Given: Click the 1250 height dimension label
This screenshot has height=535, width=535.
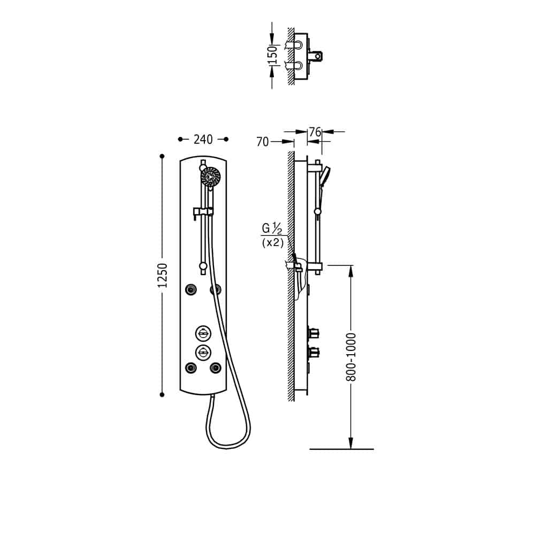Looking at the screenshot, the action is click(163, 275).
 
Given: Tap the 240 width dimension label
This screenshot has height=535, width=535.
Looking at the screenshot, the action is click(203, 140).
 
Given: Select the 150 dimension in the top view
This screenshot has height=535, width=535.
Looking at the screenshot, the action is click(273, 55).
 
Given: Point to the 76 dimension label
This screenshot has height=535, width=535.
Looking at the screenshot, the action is click(315, 132).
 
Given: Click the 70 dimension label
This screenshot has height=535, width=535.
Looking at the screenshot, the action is click(262, 142).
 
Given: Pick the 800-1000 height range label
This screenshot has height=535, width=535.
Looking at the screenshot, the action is click(351, 357).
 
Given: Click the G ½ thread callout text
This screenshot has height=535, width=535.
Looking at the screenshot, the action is click(272, 228).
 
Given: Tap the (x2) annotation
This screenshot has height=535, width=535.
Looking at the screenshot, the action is click(273, 243).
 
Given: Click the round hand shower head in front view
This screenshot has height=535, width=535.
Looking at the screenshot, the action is click(210, 177).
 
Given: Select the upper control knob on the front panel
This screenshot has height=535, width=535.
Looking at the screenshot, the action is click(203, 333).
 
